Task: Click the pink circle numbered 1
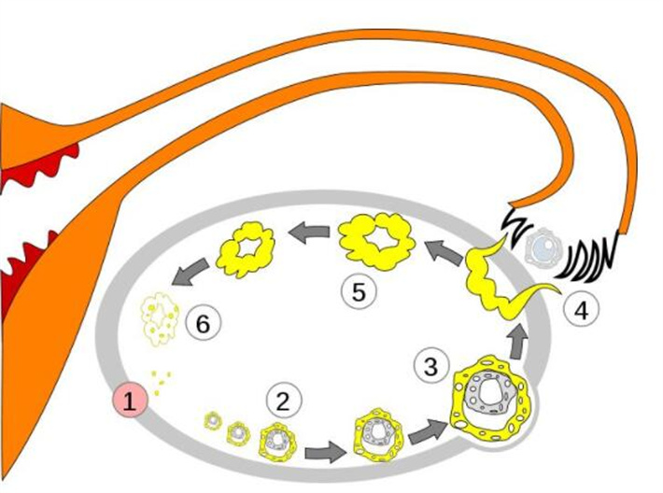point(130,400)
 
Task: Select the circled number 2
point(284,401)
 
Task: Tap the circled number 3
point(430,366)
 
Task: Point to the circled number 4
point(582,311)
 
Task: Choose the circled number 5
point(359,291)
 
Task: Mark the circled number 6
point(204,324)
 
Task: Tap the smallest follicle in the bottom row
point(212,421)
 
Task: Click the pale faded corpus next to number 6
point(160,318)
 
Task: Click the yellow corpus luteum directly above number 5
point(377,241)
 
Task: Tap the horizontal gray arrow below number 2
point(325,453)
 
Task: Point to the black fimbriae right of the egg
point(586,258)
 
